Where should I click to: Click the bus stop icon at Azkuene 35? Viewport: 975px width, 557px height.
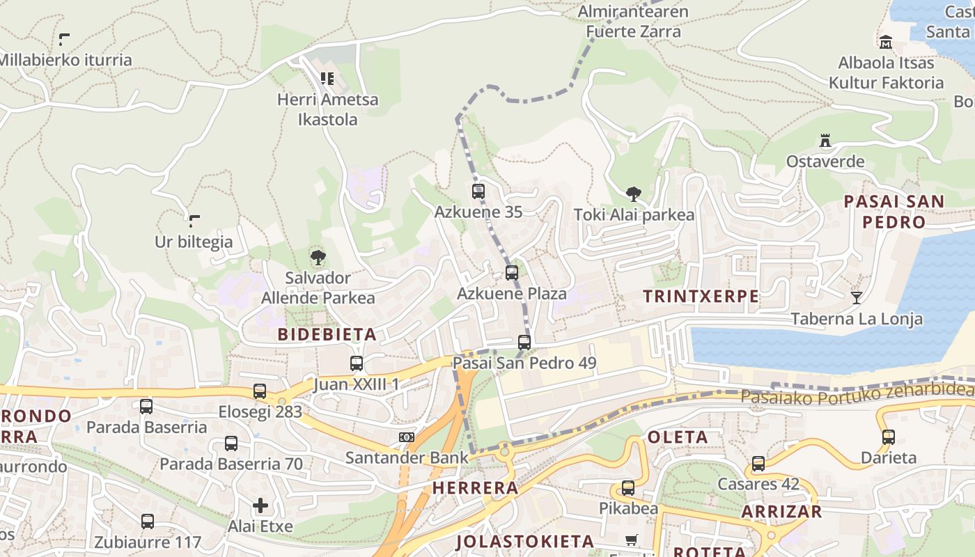[478, 191]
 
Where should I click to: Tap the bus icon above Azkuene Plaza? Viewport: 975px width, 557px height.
[512, 273]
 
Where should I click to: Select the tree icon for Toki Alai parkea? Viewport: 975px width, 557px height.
[633, 194]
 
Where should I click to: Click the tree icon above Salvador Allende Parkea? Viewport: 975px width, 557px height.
[318, 258]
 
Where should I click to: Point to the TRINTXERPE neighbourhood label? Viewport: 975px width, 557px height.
[701, 296]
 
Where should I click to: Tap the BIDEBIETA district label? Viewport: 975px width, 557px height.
[327, 334]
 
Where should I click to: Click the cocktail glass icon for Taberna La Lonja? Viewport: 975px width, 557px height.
[857, 298]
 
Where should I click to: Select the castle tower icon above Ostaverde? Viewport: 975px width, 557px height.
[825, 141]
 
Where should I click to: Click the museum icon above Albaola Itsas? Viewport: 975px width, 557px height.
[885, 42]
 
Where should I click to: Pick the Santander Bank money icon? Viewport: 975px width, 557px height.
[406, 437]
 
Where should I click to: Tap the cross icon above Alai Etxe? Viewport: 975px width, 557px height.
[260, 505]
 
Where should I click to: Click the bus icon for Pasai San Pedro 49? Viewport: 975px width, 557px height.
[524, 343]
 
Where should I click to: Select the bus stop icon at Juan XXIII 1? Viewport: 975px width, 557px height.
[356, 363]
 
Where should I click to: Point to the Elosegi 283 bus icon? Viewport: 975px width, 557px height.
[260, 391]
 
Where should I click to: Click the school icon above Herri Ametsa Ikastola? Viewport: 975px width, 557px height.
[327, 79]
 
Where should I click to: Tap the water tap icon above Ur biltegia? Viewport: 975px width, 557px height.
[194, 221]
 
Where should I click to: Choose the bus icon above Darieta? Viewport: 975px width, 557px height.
[888, 437]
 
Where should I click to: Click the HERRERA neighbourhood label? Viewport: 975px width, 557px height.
[475, 488]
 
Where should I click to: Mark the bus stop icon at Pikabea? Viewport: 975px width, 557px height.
[628, 488]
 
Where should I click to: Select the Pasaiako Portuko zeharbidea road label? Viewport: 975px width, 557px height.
[857, 393]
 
